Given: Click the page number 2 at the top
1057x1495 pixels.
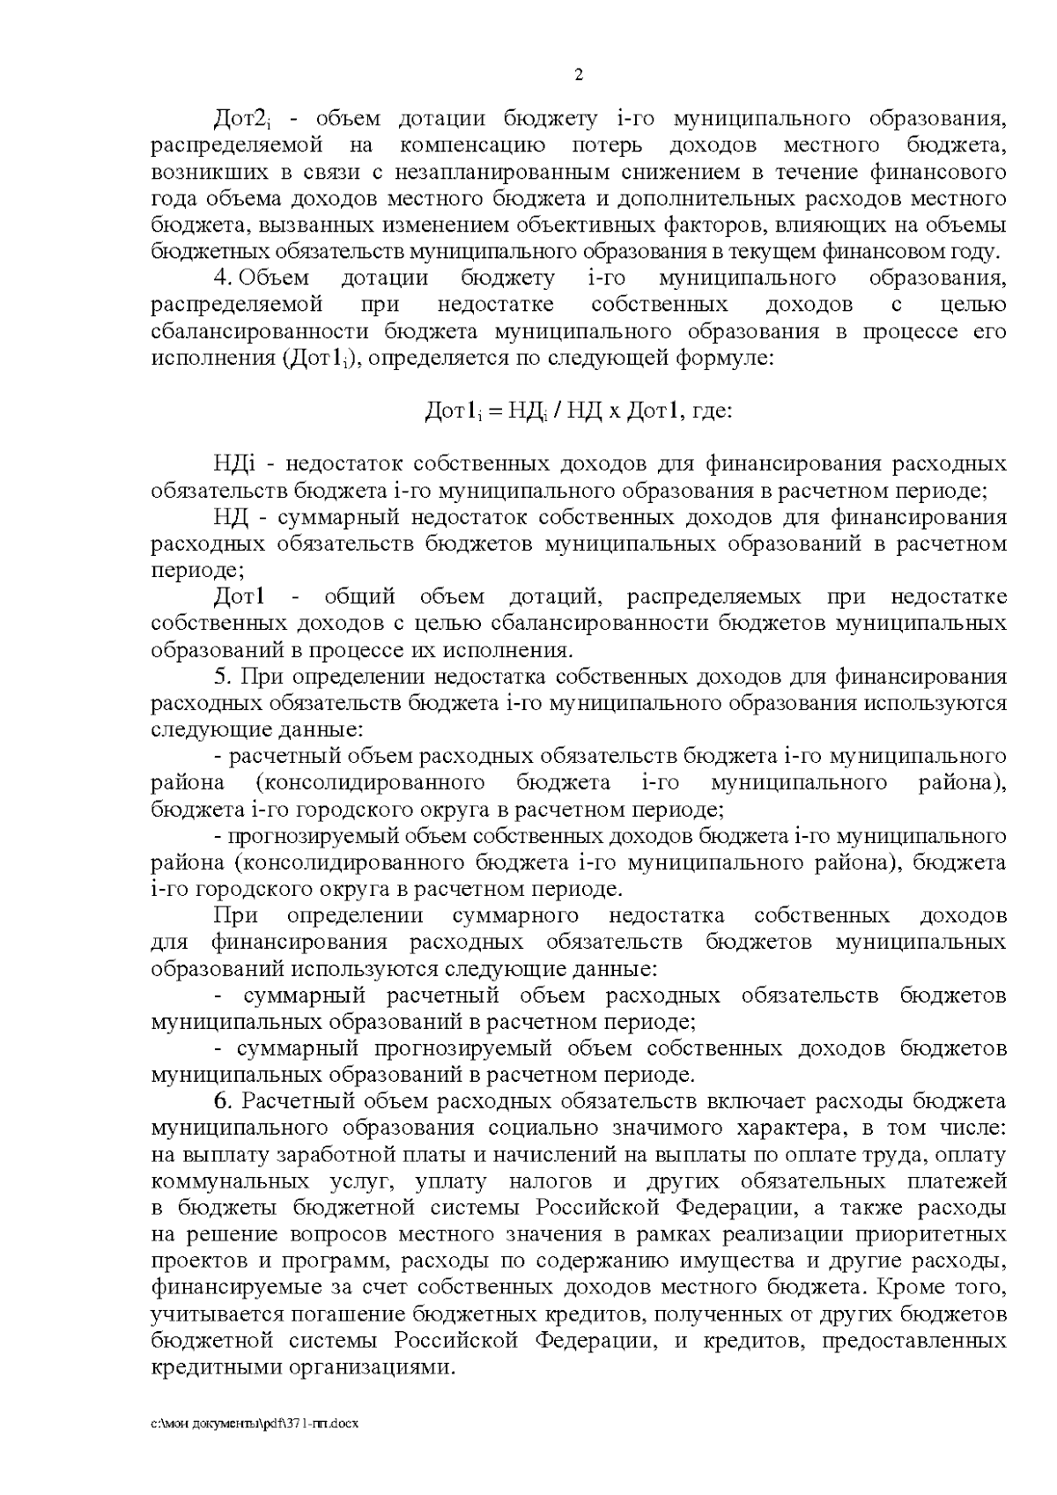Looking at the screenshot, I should pos(579,75).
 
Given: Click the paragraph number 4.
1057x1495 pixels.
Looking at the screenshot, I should pos(221,278).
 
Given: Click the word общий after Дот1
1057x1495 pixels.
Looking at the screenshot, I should pos(359,597).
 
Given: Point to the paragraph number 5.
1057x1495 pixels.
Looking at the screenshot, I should pos(221,677).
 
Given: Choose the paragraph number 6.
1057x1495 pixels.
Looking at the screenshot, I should pos(222,1101).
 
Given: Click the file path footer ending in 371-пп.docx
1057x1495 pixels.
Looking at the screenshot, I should pos(255,1424).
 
